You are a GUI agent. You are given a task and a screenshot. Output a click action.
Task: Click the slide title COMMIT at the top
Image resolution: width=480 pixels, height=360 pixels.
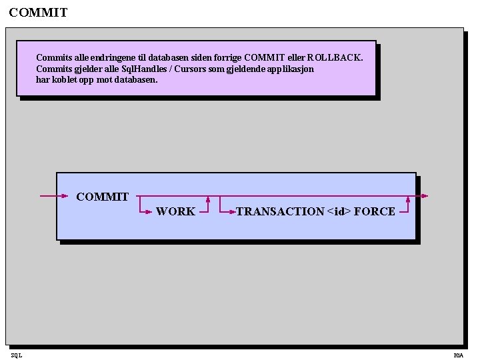click(x=39, y=13)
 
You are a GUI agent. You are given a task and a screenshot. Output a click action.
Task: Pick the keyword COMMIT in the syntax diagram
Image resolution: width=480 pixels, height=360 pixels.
click(x=103, y=197)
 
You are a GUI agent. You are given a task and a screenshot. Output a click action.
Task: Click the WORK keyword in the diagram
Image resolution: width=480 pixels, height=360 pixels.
click(x=175, y=211)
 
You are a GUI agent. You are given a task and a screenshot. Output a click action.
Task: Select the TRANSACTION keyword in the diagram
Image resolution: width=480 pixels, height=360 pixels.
click(x=280, y=211)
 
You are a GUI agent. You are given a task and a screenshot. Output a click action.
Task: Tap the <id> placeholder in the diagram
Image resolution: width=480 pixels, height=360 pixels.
click(x=339, y=211)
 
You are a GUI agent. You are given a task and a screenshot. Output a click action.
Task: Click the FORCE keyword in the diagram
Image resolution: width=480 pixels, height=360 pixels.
click(x=375, y=211)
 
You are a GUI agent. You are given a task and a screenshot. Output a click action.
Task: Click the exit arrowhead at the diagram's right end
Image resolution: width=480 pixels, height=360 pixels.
click(x=425, y=196)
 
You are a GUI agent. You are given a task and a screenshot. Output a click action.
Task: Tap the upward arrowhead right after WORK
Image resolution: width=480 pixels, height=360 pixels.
click(x=209, y=199)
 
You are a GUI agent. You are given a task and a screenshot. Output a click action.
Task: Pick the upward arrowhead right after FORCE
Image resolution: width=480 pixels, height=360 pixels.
click(x=408, y=199)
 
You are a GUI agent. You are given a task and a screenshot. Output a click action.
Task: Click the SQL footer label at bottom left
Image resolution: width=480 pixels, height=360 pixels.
click(x=16, y=355)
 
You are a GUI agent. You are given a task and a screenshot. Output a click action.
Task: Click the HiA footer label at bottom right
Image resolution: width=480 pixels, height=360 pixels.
click(x=458, y=355)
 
